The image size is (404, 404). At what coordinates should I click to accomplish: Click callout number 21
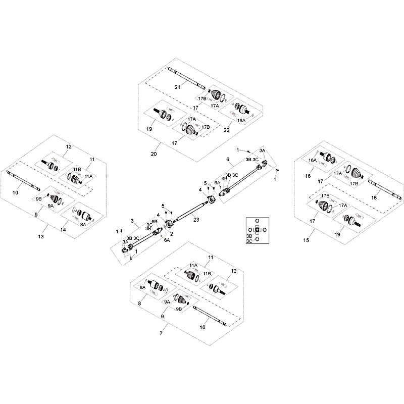pyautogui.click(x=178, y=87)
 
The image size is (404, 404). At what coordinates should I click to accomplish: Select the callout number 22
pyautogui.click(x=226, y=130)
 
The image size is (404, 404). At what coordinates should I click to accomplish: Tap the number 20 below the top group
pyautogui.click(x=154, y=154)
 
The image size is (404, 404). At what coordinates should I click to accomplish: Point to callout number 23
pyautogui.click(x=196, y=220)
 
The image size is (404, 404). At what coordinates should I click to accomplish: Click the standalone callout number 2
pyautogui.click(x=172, y=234)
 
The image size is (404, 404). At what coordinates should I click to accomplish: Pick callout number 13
pyautogui.click(x=41, y=236)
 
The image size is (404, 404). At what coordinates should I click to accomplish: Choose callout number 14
pyautogui.click(x=63, y=230)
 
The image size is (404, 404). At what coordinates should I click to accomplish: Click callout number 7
pyautogui.click(x=161, y=333)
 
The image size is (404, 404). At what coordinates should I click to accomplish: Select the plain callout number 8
pyautogui.click(x=139, y=304)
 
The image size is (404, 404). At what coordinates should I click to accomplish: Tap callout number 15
pyautogui.click(x=306, y=240)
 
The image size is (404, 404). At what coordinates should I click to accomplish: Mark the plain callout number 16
pyautogui.click(x=308, y=176)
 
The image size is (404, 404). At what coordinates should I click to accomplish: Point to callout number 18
pyautogui.click(x=374, y=197)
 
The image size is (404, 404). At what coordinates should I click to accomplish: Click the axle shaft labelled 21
pyautogui.click(x=186, y=78)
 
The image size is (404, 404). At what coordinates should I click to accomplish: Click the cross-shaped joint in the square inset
pyautogui.click(x=257, y=230)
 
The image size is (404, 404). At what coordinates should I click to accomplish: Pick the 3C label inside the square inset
pyautogui.click(x=249, y=241)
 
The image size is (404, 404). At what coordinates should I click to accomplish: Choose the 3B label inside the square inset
pyautogui.click(x=249, y=236)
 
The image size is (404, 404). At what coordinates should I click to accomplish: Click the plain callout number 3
pyautogui.click(x=132, y=221)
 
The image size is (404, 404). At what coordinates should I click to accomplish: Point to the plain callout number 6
pyautogui.click(x=228, y=160)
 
